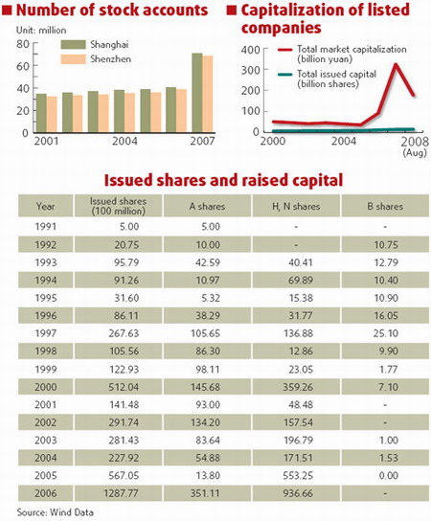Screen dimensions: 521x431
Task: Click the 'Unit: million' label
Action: pyautogui.click(x=34, y=30)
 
